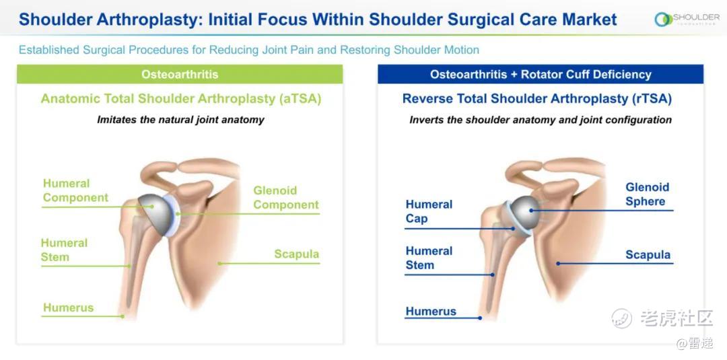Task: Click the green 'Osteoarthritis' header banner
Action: click(180, 74)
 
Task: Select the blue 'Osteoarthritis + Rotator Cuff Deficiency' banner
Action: click(541, 74)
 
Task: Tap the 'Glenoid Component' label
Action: click(286, 198)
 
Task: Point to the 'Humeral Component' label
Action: click(75, 190)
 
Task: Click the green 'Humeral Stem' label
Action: click(64, 250)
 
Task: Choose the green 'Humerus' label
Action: click(68, 308)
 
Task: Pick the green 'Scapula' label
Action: click(296, 254)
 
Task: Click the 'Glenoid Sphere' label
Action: click(648, 194)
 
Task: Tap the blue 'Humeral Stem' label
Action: click(429, 258)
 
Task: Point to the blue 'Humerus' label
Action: click(431, 312)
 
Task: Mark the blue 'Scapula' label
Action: click(648, 255)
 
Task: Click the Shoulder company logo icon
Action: click(664, 20)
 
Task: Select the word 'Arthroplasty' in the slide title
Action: click(149, 20)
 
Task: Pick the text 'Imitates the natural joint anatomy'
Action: click(180, 120)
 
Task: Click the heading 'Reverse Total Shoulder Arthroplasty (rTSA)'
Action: click(537, 99)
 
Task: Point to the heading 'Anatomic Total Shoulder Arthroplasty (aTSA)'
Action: click(181, 99)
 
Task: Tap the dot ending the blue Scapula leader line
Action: click(558, 264)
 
